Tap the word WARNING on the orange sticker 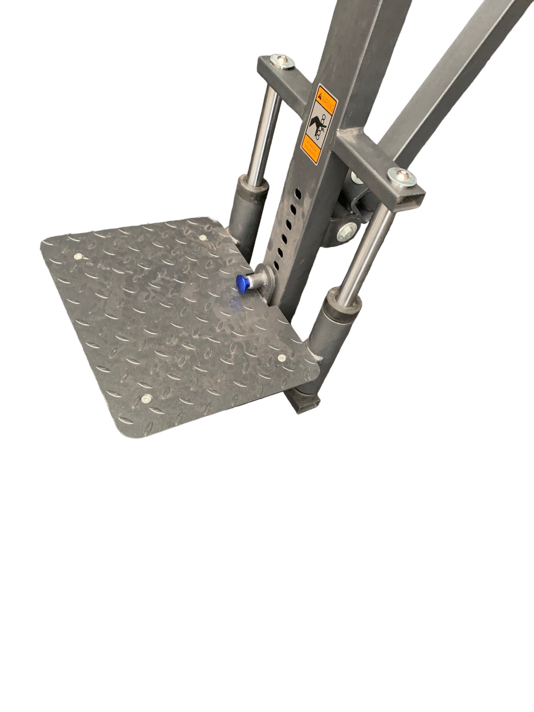[x=329, y=96]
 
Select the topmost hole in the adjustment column [x=299, y=195]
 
